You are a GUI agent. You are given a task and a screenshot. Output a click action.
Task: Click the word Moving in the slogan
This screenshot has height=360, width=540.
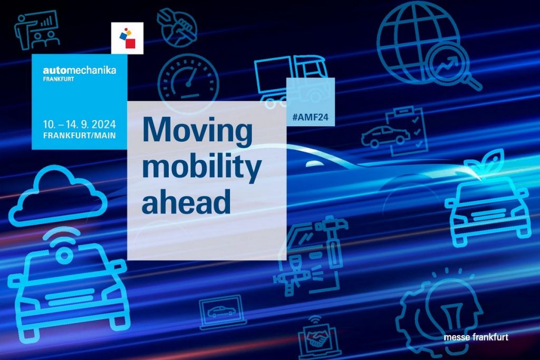197,132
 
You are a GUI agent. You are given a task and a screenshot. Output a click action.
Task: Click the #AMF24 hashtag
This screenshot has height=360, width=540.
310,118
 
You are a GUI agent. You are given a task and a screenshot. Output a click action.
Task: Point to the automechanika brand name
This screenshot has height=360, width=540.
80,70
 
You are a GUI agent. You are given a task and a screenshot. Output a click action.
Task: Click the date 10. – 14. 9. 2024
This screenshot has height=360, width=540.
80,124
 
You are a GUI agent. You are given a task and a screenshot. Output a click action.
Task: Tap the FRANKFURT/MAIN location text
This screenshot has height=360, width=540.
80,135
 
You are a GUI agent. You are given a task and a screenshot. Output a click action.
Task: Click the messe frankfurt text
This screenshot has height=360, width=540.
476,337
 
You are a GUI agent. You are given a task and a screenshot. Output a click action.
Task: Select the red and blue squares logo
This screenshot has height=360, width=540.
128,38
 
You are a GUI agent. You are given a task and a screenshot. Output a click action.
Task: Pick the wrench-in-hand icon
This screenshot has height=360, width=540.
177,27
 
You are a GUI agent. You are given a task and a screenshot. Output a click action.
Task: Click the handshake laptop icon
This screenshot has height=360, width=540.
317,336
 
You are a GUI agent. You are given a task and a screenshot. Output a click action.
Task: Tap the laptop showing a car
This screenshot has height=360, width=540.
223,312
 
